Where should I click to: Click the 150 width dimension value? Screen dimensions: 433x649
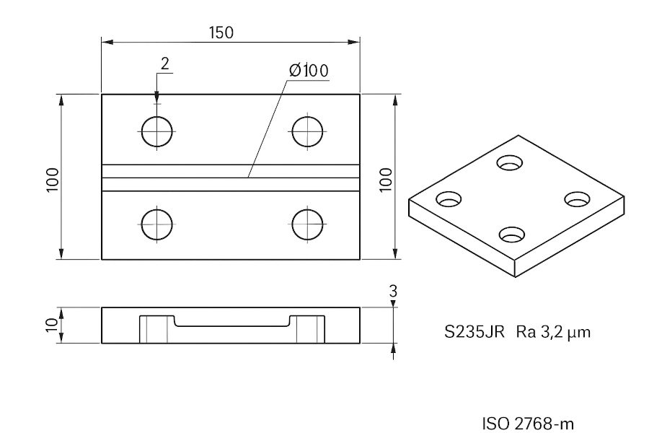point(221,32)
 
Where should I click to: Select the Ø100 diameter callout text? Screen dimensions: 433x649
point(308,71)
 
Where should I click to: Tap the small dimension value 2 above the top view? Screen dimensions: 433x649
point(164,64)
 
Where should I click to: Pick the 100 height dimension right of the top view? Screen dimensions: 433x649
point(386,178)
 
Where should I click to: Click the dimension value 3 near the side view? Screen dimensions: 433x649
point(392,292)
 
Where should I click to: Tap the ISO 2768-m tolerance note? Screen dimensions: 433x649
point(529,423)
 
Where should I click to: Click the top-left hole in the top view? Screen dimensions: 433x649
point(157,131)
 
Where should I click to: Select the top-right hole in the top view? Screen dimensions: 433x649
point(308,131)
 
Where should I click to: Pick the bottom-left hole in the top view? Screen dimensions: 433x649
point(157,224)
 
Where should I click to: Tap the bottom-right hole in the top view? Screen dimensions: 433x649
point(308,224)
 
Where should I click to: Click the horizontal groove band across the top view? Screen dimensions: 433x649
point(231,178)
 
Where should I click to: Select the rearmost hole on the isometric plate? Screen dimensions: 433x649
point(512,162)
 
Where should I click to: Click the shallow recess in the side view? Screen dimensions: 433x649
point(231,320)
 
